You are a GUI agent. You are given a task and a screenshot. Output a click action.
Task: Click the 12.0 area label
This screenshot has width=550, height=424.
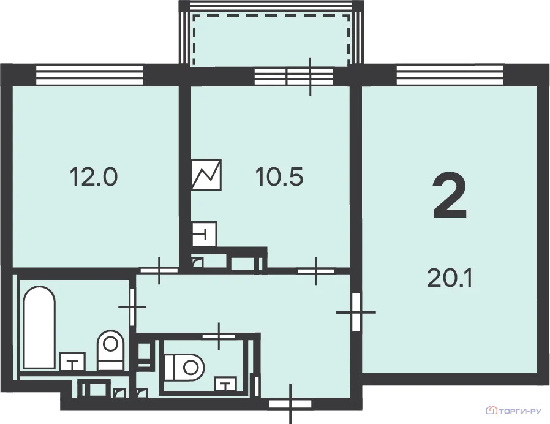pyautogui.click(x=94, y=176)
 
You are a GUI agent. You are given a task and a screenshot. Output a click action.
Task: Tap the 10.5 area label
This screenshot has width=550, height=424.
pyautogui.click(x=279, y=176)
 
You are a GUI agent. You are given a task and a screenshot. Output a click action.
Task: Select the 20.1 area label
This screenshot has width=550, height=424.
pyautogui.click(x=450, y=278)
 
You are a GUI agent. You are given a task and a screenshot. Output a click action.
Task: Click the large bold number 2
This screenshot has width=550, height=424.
pyautogui.click(x=450, y=195)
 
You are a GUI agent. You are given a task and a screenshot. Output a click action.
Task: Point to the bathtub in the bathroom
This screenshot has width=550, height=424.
pyautogui.click(x=39, y=327)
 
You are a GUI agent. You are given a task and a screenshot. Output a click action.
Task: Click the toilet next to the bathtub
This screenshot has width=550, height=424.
pyautogui.click(x=111, y=350)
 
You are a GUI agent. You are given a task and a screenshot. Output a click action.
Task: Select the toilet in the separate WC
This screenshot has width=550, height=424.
pyautogui.click(x=184, y=367)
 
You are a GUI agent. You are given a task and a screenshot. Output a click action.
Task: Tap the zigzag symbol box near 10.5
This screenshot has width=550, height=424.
pyautogui.click(x=206, y=175)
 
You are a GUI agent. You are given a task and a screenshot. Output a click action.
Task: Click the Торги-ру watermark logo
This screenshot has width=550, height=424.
pyautogui.click(x=513, y=411)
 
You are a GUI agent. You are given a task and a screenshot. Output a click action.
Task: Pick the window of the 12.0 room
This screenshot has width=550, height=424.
pyautogui.click(x=90, y=75)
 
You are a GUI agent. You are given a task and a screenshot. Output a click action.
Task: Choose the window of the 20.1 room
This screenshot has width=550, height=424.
pyautogui.click(x=450, y=75)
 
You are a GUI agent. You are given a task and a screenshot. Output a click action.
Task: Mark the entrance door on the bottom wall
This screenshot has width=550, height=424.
pyautogui.click(x=290, y=404)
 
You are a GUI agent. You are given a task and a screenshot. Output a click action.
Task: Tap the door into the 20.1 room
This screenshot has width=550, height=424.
pyautogui.click(x=356, y=312)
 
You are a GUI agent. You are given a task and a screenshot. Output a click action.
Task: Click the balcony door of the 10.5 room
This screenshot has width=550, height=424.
pyautogui.click(x=310, y=76)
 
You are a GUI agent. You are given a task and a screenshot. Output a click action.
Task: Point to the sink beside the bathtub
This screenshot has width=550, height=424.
pyautogui.click(x=73, y=362)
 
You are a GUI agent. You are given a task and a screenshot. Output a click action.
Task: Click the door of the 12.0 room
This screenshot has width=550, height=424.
pyautogui.click(x=159, y=270)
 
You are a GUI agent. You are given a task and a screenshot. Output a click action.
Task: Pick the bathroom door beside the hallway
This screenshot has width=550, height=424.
pyautogui.click(x=132, y=307)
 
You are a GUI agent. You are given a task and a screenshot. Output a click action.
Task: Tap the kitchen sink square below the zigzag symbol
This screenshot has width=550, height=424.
pyautogui.click(x=205, y=233)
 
